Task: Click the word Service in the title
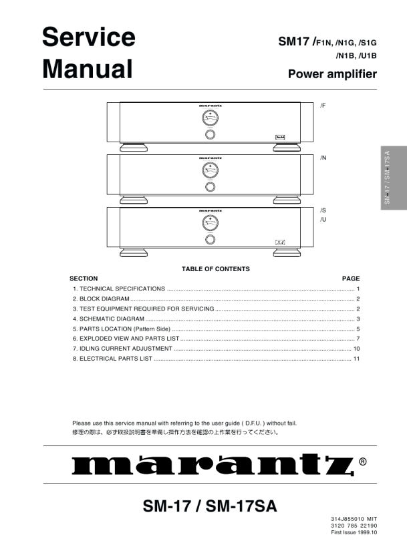(88, 37)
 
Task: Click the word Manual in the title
(87, 69)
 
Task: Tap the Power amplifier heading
(332, 74)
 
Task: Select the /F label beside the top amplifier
(323, 106)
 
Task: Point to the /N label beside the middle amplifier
(323, 158)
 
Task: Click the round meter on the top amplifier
(210, 118)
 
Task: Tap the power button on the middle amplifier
(210, 187)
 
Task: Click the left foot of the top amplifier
(134, 146)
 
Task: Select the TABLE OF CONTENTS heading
(215, 269)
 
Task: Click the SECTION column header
(84, 278)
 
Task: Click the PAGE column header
(351, 278)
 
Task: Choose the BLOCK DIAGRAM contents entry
(101, 299)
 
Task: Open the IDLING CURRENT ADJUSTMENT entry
(122, 349)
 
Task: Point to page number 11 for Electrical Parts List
(357, 359)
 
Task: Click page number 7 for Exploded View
(358, 339)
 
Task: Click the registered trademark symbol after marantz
(362, 461)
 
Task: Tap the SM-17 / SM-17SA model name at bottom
(210, 507)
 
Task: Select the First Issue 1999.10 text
(354, 532)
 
